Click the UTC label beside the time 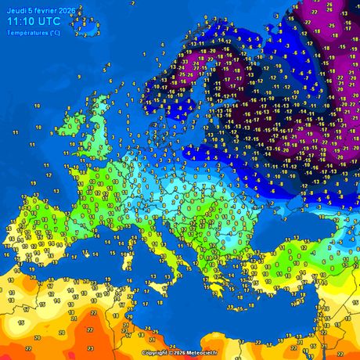point(56,22)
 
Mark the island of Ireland point(76,122)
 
